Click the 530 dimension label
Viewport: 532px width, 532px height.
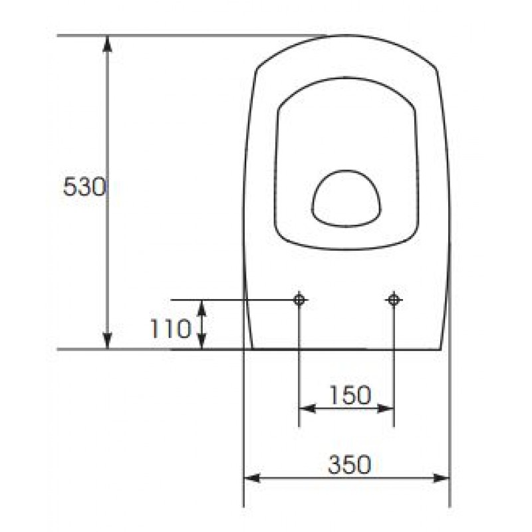[x=84, y=187]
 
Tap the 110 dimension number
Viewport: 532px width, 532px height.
[x=171, y=329]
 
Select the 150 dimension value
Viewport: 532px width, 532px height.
[x=350, y=395]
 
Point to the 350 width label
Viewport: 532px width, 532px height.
[x=350, y=464]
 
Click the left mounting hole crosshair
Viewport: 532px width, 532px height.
[x=299, y=300]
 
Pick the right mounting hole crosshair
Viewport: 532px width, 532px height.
[x=394, y=300]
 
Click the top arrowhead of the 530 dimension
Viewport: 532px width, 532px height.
[x=107, y=43]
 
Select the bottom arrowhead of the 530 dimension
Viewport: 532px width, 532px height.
[x=107, y=340]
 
